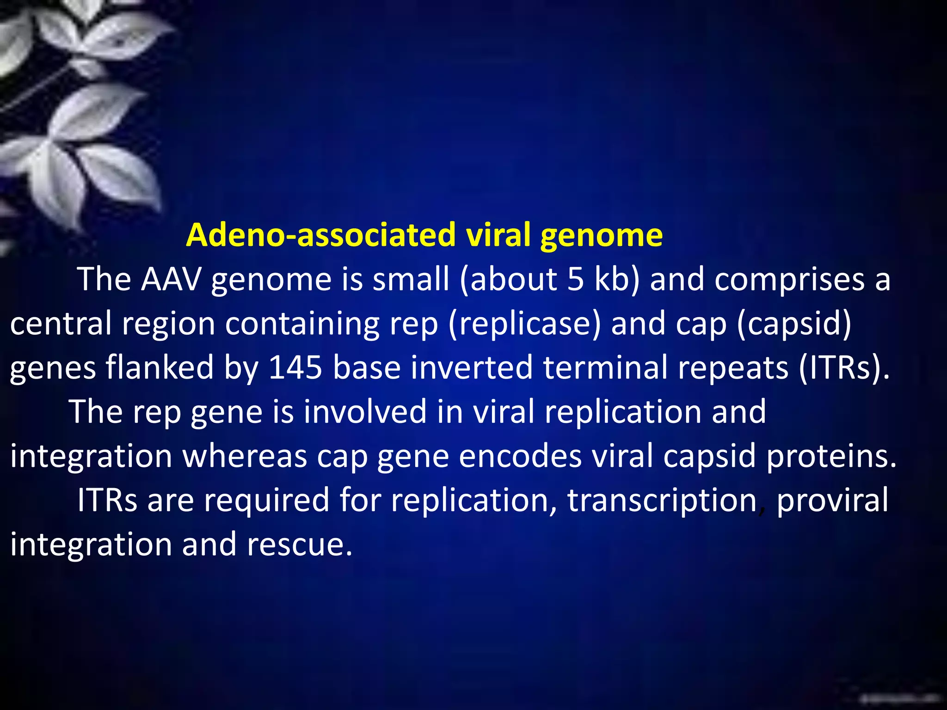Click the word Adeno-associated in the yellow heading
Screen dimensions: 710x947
(x=321, y=235)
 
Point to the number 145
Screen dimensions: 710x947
(x=295, y=367)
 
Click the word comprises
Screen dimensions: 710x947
(x=789, y=279)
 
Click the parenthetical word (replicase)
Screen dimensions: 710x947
(x=524, y=323)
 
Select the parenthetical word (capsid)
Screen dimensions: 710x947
(x=793, y=323)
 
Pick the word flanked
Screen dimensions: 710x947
(x=160, y=367)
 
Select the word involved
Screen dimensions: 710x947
(x=365, y=411)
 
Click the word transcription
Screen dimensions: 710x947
(x=662, y=500)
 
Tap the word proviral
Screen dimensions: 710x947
(x=832, y=500)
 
